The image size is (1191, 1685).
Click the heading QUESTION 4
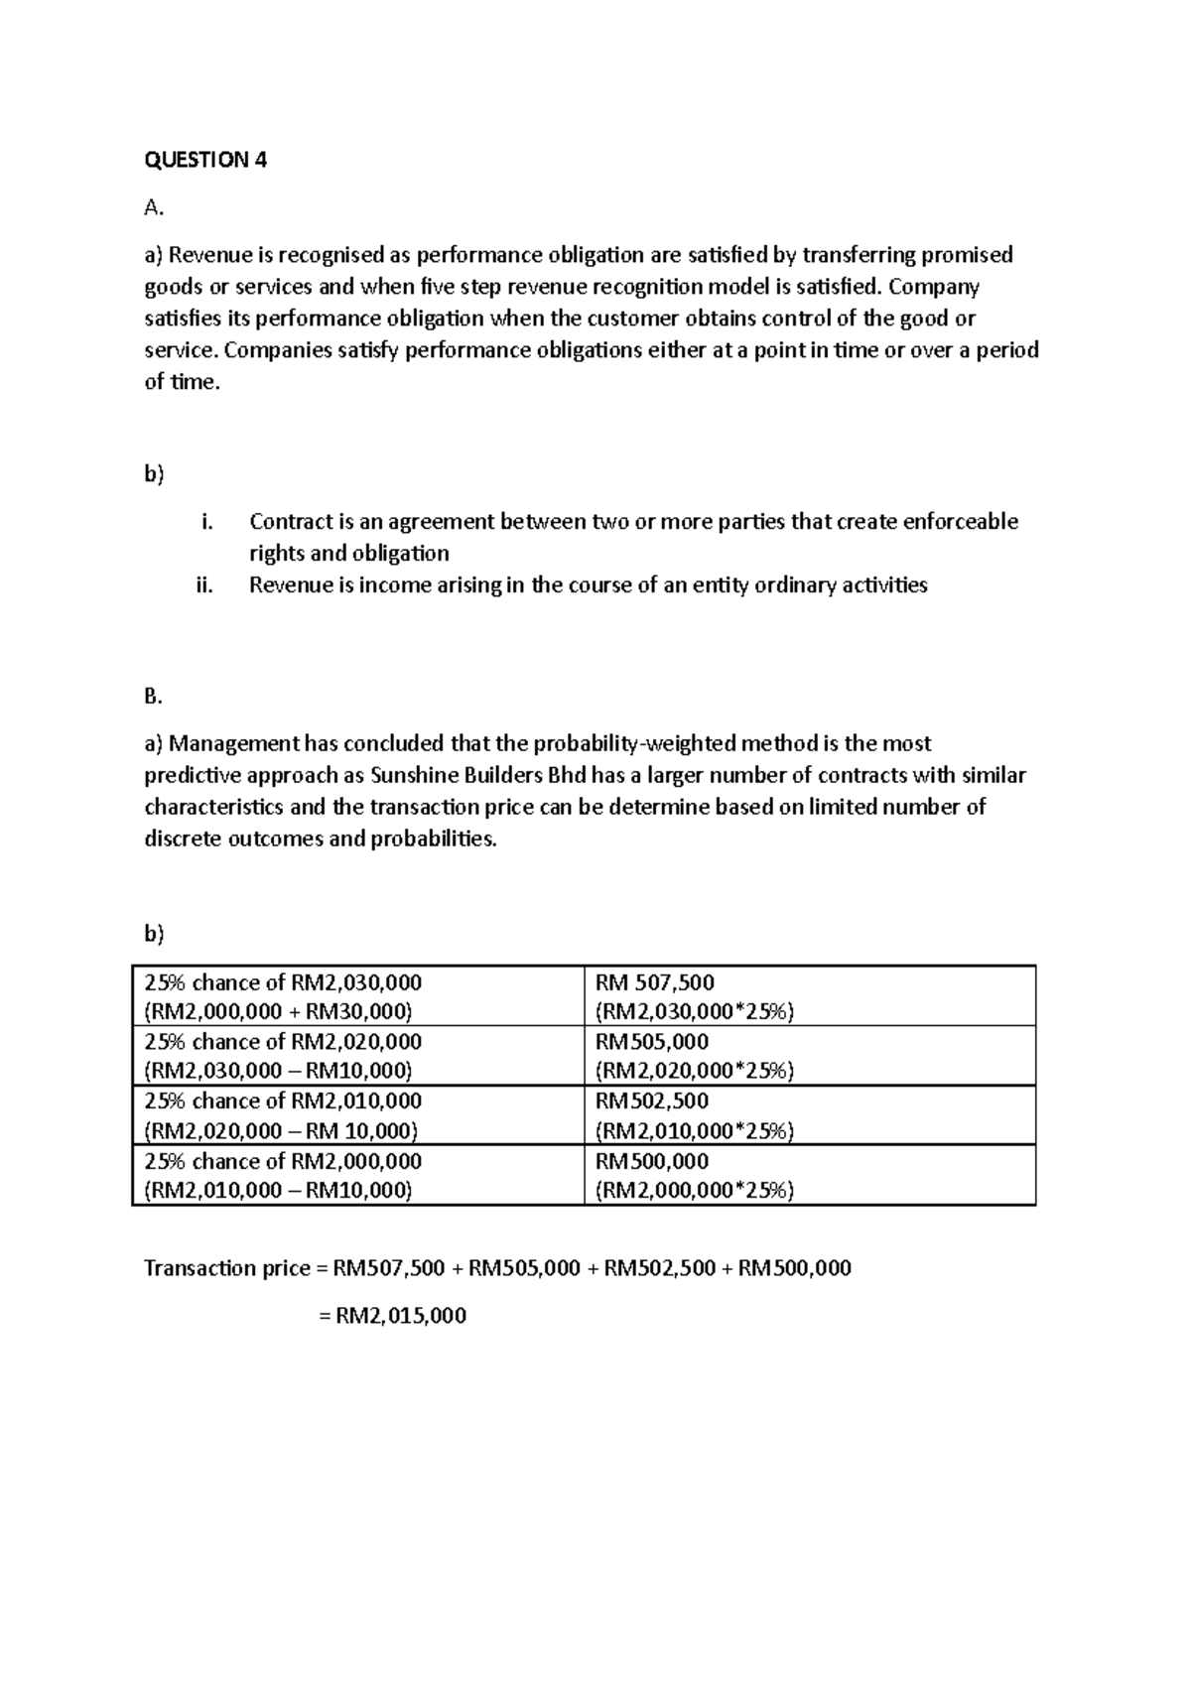click(x=205, y=160)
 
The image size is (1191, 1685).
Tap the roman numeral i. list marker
click(x=205, y=522)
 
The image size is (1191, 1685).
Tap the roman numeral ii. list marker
click(x=204, y=585)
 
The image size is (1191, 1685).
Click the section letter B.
click(x=153, y=697)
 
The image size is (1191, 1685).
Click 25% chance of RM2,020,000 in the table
click(x=283, y=1042)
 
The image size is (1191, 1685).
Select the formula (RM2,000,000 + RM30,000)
click(x=278, y=1011)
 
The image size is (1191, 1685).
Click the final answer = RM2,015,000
click(x=392, y=1316)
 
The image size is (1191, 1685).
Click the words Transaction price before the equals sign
click(x=227, y=1268)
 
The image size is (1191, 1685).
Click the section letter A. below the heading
click(x=153, y=207)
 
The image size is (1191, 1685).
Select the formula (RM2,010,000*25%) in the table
click(x=695, y=1131)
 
